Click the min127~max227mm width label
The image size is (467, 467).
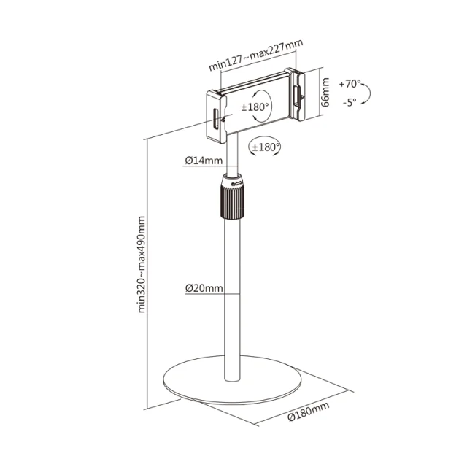[x=256, y=55]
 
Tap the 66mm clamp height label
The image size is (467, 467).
[x=326, y=92]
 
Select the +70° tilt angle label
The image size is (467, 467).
[x=350, y=84]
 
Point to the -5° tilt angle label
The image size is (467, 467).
[x=350, y=102]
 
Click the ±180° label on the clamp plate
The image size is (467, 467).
[x=255, y=107]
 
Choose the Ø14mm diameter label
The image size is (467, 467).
[x=204, y=161]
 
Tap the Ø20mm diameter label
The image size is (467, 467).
[x=204, y=288]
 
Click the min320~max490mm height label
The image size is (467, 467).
[x=142, y=264]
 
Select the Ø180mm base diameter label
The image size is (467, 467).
[x=309, y=412]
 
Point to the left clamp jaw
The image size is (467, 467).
[x=217, y=117]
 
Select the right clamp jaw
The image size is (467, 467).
[x=295, y=94]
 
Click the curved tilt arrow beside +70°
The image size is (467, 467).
[x=367, y=93]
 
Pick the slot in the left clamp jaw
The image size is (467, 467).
[x=215, y=119]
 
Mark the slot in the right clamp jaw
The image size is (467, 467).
[x=297, y=96]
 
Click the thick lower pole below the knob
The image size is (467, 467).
[x=232, y=300]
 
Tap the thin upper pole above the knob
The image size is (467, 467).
[x=232, y=154]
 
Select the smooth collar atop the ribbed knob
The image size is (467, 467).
[x=233, y=180]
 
